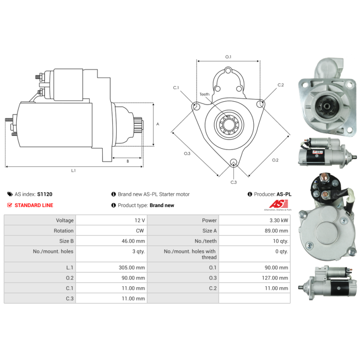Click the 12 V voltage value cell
(x=139, y=220)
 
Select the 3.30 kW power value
(x=279, y=220)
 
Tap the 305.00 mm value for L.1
(x=132, y=268)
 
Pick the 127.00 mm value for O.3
(x=275, y=278)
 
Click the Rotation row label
(x=63, y=231)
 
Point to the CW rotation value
(x=140, y=231)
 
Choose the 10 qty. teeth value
(x=280, y=241)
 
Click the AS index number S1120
(x=45, y=194)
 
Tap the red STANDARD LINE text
(x=34, y=205)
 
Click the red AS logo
(x=279, y=204)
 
